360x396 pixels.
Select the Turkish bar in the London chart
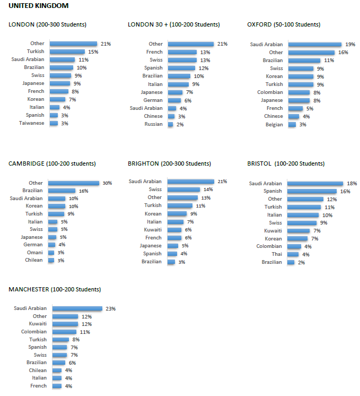[x=67, y=51]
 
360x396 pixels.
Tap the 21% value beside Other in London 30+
[x=222, y=44]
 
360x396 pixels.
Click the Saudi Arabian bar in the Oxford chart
[x=314, y=45]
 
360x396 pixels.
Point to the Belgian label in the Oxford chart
[x=274, y=124]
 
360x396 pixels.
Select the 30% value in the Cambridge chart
[x=107, y=183]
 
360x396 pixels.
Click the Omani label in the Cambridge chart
[x=36, y=252]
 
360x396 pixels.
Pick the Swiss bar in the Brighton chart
[x=183, y=190]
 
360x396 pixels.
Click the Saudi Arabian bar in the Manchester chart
[x=77, y=308]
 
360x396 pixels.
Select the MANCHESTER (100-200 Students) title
[x=55, y=289]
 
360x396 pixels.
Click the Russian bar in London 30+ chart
[x=171, y=124]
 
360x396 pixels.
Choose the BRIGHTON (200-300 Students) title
[x=169, y=163]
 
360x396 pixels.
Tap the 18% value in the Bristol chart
[x=352, y=183]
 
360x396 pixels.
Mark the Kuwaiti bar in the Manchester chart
[x=65, y=324]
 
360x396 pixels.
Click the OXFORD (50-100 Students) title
[x=283, y=24]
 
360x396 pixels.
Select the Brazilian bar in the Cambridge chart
[x=62, y=191]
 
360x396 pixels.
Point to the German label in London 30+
[x=153, y=100]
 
